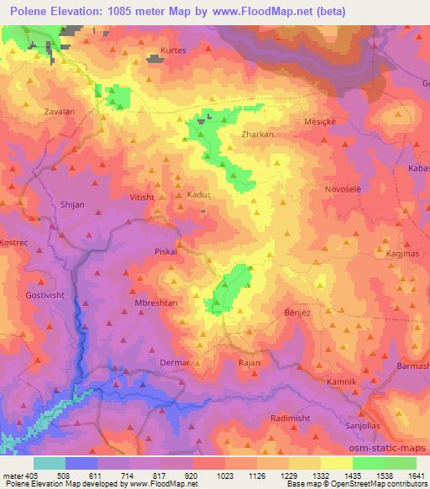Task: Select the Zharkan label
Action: pyautogui.click(x=257, y=133)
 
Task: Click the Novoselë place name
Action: pyautogui.click(x=342, y=189)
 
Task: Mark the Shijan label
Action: pyautogui.click(x=72, y=204)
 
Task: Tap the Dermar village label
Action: pyautogui.click(x=176, y=363)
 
